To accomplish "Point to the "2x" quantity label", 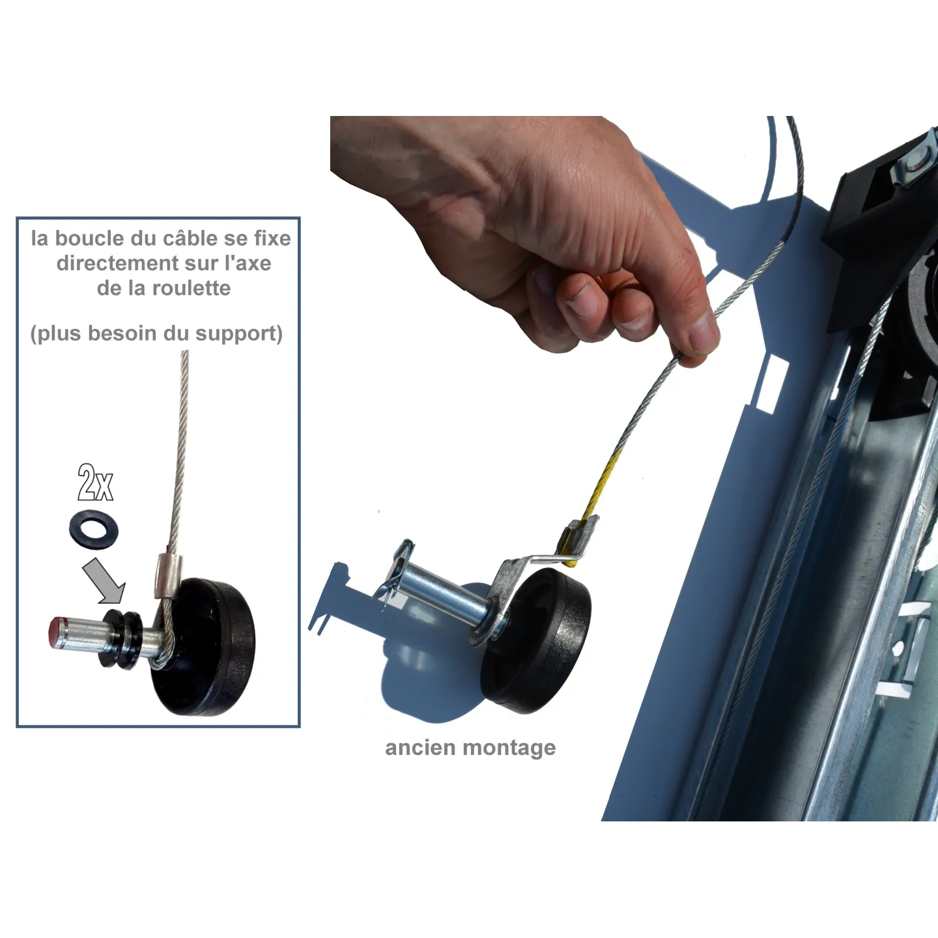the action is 95,483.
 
